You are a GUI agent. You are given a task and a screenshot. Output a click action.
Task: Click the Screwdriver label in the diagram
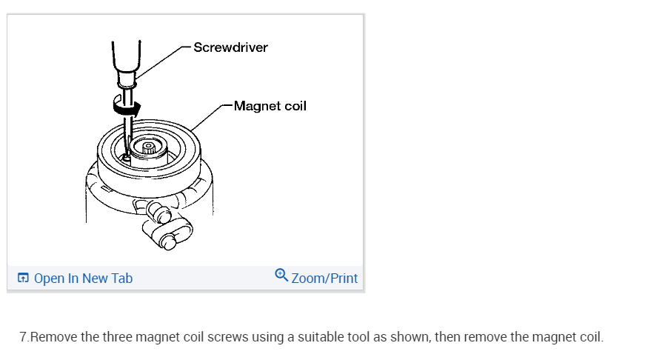230,47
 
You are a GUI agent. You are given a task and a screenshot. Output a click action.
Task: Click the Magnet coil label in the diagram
270,106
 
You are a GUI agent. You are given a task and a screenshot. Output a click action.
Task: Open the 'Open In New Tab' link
83,279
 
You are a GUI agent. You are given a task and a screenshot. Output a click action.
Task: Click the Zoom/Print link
324,279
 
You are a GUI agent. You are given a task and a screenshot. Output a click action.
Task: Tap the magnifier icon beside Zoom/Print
281,276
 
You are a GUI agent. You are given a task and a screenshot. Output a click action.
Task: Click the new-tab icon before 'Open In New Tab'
23,279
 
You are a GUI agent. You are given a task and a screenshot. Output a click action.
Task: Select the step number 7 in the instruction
23,337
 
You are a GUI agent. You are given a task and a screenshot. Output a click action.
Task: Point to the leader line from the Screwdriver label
163,59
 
